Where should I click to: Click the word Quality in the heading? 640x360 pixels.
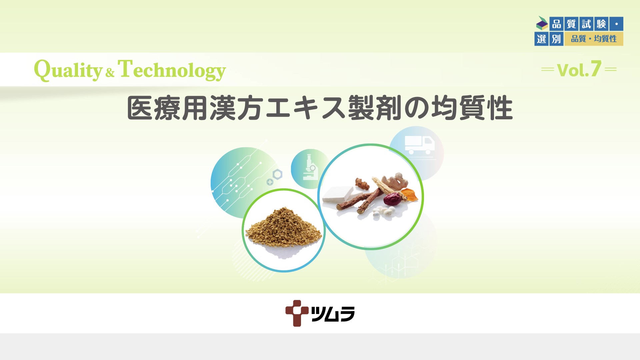point(68,70)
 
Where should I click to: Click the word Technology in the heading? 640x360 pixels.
point(172,70)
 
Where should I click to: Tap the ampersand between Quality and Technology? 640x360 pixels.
point(110,72)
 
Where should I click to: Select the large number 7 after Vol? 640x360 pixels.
point(596,69)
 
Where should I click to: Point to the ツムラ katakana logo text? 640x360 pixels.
point(333,314)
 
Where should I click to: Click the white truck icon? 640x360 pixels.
point(419,145)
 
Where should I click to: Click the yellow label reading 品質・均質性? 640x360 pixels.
point(594,39)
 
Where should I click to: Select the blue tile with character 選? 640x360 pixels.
point(541,39)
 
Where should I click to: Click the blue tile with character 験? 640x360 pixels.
point(601,24)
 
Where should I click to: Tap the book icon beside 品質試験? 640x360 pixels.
point(542,23)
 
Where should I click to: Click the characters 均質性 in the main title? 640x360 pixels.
point(472,108)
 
